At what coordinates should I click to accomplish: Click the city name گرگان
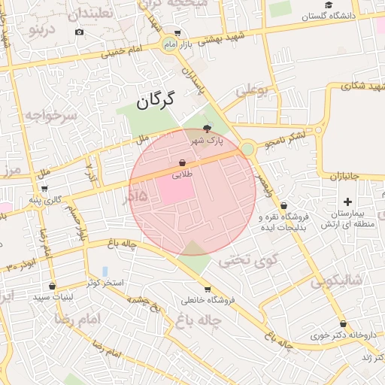156,99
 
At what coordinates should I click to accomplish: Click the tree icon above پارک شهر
208,129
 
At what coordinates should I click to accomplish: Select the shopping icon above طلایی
183,162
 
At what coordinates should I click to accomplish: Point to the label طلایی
183,174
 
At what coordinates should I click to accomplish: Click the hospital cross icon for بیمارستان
347,202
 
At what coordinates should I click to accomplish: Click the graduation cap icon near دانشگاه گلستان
329,5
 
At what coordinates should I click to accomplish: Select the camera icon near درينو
80,32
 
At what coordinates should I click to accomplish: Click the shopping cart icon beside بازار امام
177,33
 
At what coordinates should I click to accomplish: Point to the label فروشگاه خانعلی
208,300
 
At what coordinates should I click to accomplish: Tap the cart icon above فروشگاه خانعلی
208,289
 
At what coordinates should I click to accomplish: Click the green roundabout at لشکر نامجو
247,150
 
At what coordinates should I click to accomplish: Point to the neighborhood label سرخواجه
50,115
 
